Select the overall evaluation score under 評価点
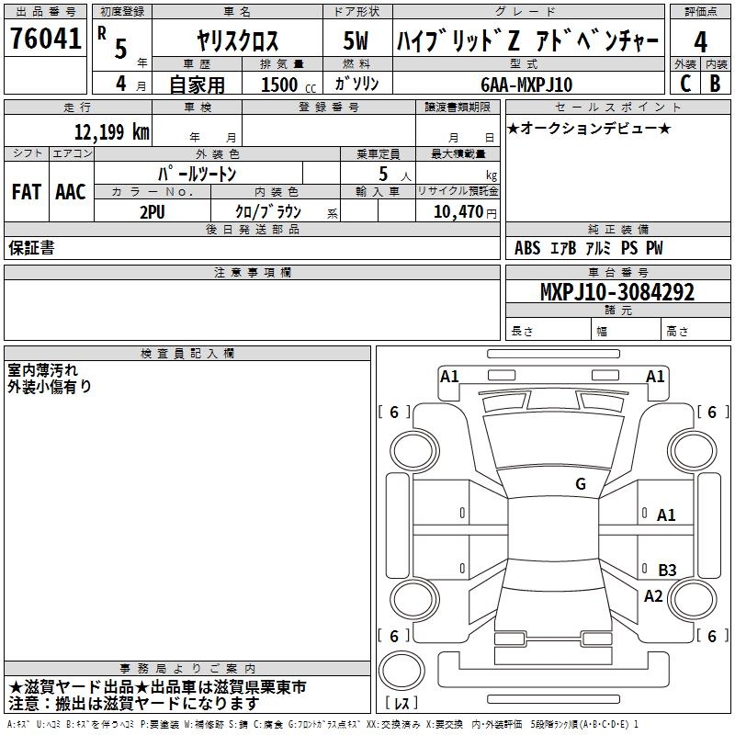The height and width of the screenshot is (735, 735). click(x=701, y=41)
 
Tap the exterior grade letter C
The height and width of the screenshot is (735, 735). click(x=685, y=84)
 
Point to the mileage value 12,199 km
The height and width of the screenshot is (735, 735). click(x=112, y=132)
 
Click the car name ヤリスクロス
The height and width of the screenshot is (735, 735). click(x=237, y=41)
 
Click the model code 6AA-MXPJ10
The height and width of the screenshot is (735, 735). click(x=526, y=85)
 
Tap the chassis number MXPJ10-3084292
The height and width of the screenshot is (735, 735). click(x=616, y=292)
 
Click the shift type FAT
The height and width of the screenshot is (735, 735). click(x=26, y=192)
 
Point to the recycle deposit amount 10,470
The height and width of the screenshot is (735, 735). click(x=458, y=211)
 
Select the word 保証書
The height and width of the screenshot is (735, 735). click(x=31, y=248)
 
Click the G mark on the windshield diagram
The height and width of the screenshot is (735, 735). click(x=581, y=484)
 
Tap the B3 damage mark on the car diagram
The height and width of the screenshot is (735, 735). click(x=667, y=571)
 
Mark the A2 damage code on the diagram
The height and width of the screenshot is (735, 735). click(x=653, y=595)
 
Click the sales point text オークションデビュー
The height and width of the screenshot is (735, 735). click(x=589, y=128)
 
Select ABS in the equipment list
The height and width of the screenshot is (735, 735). click(x=527, y=248)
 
